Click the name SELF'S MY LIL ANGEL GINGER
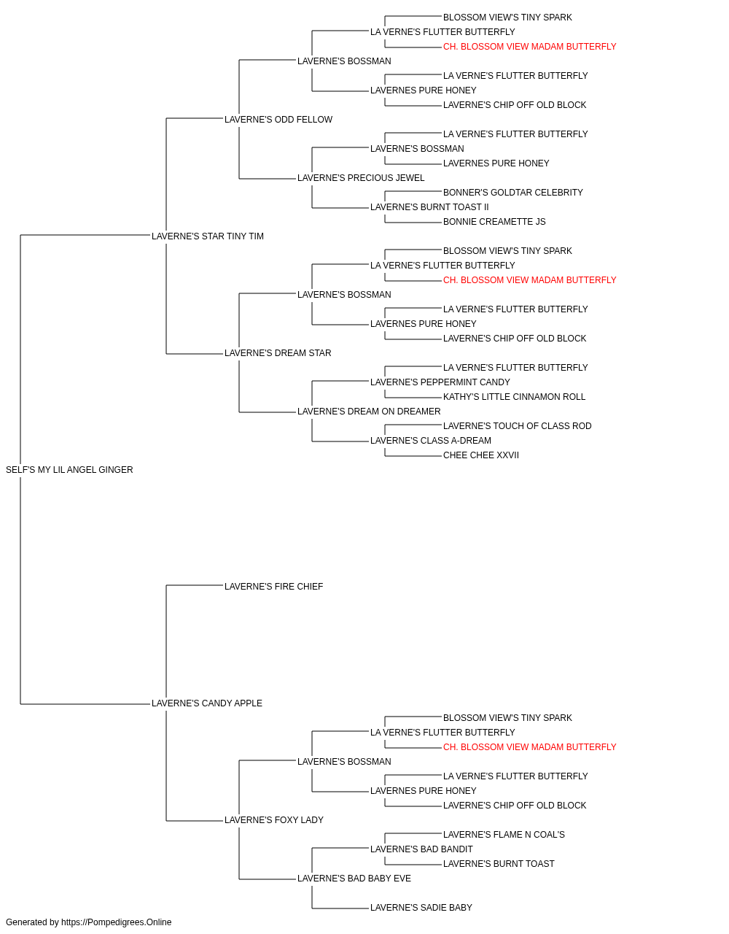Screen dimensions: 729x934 [69, 470]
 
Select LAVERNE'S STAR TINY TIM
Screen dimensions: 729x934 [207, 236]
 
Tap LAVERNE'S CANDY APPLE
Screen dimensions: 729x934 [206, 703]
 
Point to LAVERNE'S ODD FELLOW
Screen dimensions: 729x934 [278, 120]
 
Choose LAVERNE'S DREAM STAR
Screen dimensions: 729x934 [278, 353]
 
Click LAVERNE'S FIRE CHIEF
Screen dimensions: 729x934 [273, 586]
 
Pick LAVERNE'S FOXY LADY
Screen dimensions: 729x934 [274, 819]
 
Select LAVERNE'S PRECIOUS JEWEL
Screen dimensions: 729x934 [361, 178]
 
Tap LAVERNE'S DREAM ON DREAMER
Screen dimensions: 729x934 [369, 412]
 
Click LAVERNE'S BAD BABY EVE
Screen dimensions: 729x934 [354, 878]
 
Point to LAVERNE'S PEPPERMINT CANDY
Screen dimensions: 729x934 [440, 382]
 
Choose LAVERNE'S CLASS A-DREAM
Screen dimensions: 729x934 [431, 441]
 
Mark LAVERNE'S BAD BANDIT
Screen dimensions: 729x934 [421, 849]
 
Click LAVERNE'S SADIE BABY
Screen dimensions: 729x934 [421, 907]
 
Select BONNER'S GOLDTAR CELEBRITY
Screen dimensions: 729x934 [512, 193]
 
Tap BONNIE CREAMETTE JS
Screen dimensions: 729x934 [494, 222]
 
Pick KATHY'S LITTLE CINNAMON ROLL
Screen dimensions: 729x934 [514, 397]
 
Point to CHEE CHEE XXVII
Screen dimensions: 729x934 [481, 455]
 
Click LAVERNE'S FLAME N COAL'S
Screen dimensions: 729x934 [504, 834]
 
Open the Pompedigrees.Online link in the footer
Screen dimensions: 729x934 [116, 922]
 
